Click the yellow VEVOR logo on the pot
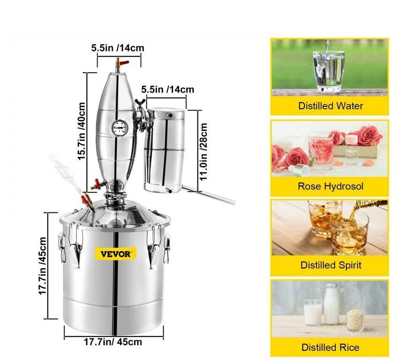(116, 254)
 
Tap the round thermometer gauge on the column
(120, 127)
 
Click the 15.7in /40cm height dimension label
(82, 131)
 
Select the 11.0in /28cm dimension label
(204, 152)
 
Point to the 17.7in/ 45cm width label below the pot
(113, 342)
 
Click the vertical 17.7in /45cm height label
(42, 266)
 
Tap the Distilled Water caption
(330, 106)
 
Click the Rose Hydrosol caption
(330, 187)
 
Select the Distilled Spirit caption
(331, 265)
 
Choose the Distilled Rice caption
(330, 347)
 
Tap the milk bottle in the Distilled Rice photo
(331, 304)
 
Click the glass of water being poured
(328, 71)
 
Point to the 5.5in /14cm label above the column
(118, 48)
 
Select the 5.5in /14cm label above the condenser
(168, 90)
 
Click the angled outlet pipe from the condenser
(208, 195)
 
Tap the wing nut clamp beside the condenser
(140, 103)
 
